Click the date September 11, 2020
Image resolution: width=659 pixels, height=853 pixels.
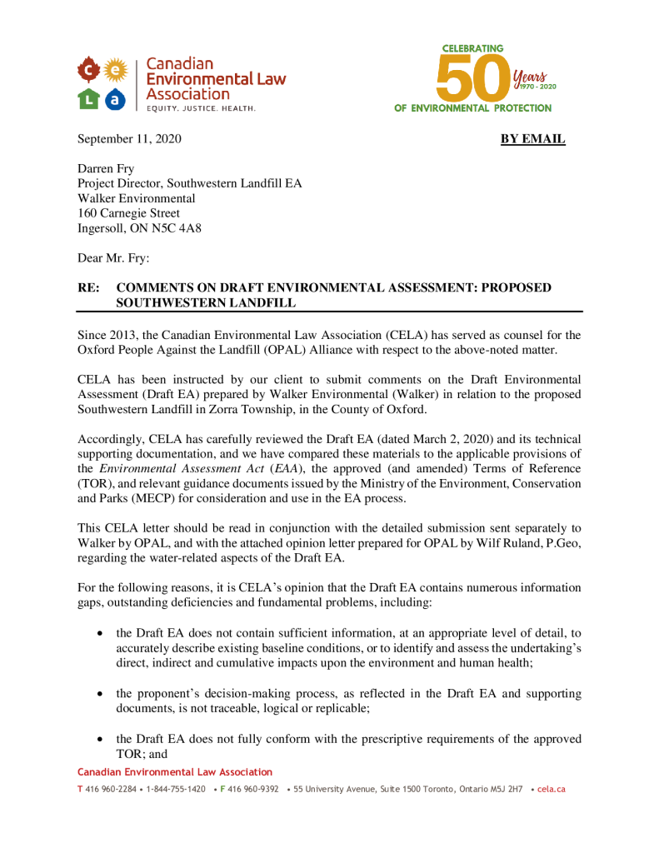129,139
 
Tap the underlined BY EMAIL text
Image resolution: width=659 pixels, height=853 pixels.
532,139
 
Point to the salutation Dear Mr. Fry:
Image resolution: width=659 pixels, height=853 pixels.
113,258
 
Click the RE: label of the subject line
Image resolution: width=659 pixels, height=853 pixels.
88,288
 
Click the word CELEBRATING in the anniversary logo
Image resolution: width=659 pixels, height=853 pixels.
472,48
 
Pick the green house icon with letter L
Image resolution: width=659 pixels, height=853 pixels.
88,98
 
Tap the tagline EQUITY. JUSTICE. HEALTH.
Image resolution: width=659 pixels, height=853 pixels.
201,108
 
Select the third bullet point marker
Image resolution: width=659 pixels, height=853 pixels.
100,739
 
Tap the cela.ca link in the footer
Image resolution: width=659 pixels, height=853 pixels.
552,789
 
